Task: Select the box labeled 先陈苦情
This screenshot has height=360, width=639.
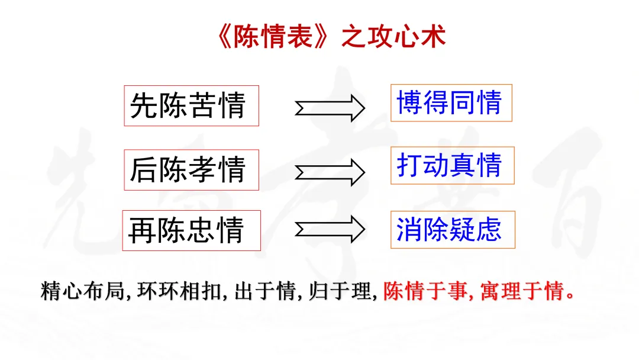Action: pos(191,106)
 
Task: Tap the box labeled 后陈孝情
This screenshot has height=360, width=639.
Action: pos(191,170)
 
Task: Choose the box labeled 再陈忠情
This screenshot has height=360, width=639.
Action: pos(191,230)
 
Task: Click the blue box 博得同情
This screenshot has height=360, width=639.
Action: pos(451,103)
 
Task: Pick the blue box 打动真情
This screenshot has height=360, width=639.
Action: pos(452,165)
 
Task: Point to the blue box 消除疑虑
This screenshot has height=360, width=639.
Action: pos(452,230)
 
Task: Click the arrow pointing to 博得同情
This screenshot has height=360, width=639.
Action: pos(330,107)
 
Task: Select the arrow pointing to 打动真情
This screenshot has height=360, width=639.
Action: pos(330,171)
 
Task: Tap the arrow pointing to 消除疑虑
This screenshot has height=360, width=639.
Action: pos(330,229)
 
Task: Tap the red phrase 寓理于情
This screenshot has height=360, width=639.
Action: pos(521,292)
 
